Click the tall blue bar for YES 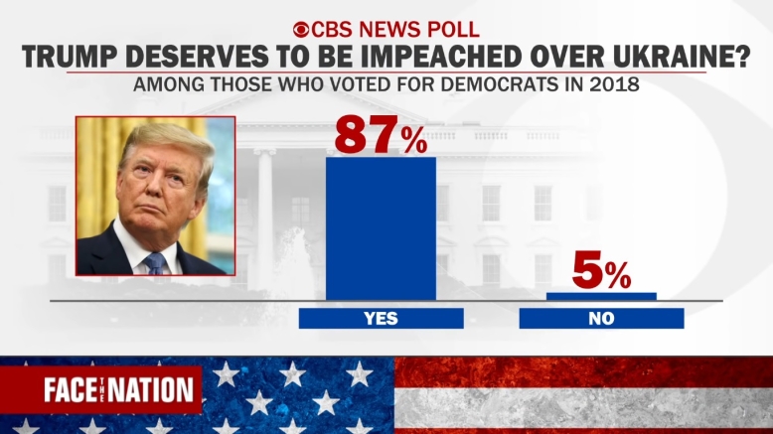click(x=381, y=227)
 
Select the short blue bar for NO click(x=601, y=296)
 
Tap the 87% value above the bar click(x=381, y=135)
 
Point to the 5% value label click(x=601, y=272)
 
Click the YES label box click(x=381, y=319)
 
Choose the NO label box click(x=601, y=319)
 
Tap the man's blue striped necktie click(x=155, y=263)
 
